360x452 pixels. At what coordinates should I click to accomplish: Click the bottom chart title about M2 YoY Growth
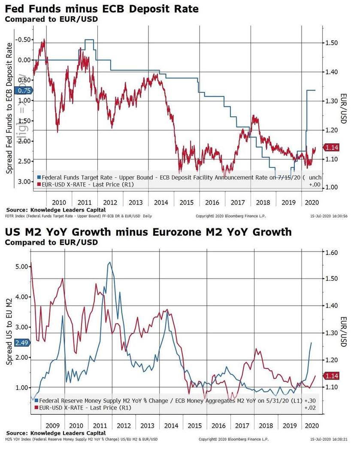pyautogui.click(x=148, y=232)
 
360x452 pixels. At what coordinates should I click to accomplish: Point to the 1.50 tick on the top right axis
pyautogui.click(x=332, y=43)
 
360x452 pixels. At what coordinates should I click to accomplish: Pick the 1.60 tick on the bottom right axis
pyautogui.click(x=333, y=252)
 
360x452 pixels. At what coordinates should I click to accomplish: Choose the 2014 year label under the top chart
pyautogui.click(x=161, y=202)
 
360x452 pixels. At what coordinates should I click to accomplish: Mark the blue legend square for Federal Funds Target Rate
pyautogui.click(x=39, y=177)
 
